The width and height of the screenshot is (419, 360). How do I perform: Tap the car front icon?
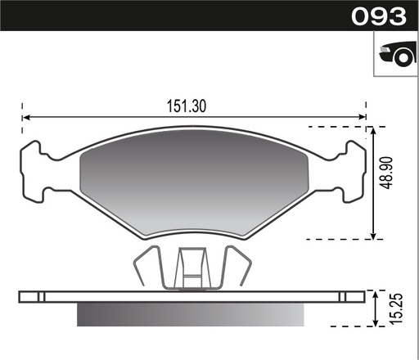pyautogui.click(x=395, y=55)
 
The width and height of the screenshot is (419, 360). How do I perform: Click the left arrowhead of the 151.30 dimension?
pyautogui.click(x=25, y=118)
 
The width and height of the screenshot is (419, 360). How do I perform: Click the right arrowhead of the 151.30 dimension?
pyautogui.click(x=363, y=118)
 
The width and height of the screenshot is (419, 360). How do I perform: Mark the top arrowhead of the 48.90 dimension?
pyautogui.click(x=374, y=131)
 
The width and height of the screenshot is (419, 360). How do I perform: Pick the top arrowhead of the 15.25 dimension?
pyautogui.click(x=374, y=292)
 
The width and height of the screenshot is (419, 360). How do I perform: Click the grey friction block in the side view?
pyautogui.click(x=193, y=313)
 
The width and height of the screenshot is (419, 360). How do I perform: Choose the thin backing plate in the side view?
pyautogui.click(x=193, y=295)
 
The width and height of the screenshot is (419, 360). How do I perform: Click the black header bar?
pyautogui.click(x=164, y=16)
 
